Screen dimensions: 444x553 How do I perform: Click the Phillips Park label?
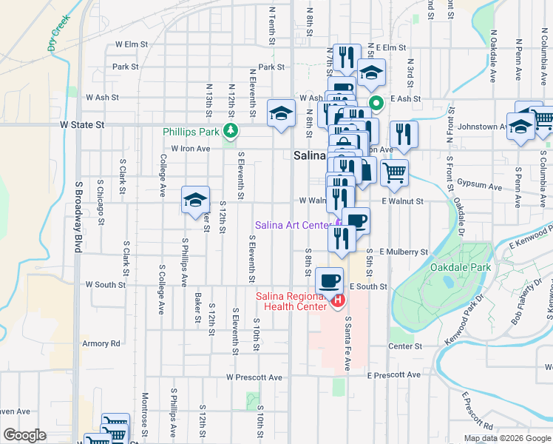coord(191,132)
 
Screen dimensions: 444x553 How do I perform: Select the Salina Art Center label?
coord(294,225)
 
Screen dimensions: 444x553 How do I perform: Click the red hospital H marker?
coord(338,300)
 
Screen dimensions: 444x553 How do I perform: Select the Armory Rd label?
coord(101,343)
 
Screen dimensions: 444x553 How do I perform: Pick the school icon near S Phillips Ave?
coord(195,200)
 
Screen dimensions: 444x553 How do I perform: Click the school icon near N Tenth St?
coord(280,113)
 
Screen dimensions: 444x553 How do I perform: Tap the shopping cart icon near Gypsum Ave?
coord(395,172)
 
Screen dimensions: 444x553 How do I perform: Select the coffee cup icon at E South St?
coord(330,280)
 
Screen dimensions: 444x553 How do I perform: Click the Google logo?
coord(24,435)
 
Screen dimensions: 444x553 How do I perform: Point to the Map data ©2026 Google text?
coord(506,438)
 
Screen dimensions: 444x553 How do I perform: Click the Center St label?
coord(405,346)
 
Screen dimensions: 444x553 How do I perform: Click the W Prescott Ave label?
coord(254,377)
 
